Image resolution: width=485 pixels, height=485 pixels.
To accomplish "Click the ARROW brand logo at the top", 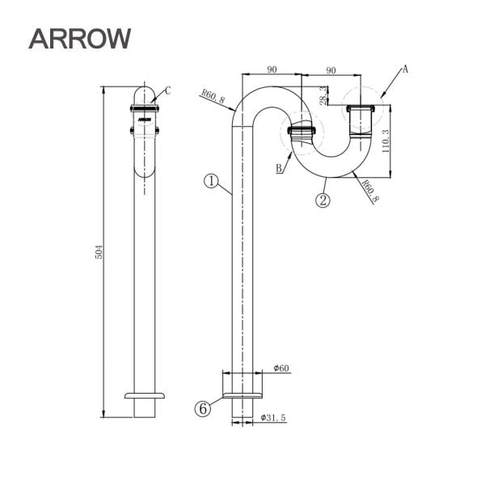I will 79,38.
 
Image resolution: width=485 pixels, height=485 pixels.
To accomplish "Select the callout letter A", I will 405,70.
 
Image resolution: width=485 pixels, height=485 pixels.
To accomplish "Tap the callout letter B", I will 280,168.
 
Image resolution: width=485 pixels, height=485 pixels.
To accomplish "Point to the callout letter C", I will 167,90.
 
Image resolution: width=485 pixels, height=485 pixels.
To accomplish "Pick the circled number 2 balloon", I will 323,200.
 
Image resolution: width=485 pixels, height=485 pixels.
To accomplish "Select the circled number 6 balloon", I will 203,409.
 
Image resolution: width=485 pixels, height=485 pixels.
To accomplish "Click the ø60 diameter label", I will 281,369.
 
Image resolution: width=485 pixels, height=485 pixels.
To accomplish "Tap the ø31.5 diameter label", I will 275,417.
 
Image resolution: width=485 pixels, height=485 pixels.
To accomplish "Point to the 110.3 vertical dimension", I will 386,142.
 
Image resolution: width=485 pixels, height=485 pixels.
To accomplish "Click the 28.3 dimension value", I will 323,95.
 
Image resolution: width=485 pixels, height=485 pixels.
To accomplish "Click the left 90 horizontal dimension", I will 272,71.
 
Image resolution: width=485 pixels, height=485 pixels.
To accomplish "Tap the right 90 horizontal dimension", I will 331,71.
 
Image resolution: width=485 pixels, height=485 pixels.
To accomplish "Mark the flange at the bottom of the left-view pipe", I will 144,395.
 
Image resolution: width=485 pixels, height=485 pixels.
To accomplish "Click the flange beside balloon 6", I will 242,395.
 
